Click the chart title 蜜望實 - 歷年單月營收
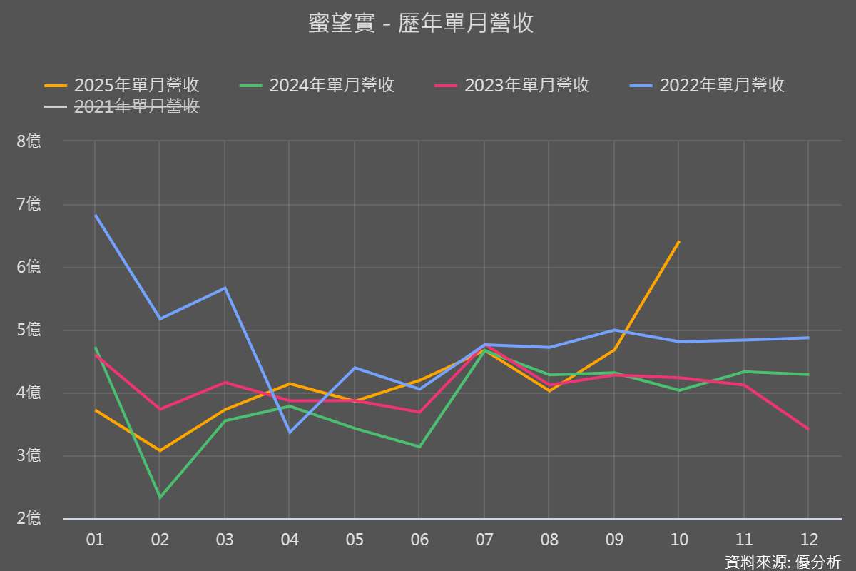click(x=421, y=24)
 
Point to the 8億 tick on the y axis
click(x=29, y=141)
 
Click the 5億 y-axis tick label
click(x=29, y=330)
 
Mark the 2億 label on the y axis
click(x=29, y=519)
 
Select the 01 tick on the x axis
click(x=95, y=540)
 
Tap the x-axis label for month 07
click(x=484, y=540)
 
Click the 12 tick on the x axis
click(x=808, y=540)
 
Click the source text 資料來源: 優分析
click(x=783, y=562)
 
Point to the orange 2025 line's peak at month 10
click(x=678, y=242)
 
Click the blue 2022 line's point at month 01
click(x=96, y=216)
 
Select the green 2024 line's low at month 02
click(x=160, y=497)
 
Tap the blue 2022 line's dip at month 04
click(x=290, y=432)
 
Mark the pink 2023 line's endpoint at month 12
click(x=808, y=429)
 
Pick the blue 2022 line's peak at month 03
click(x=225, y=288)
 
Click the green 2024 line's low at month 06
click(x=419, y=447)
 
